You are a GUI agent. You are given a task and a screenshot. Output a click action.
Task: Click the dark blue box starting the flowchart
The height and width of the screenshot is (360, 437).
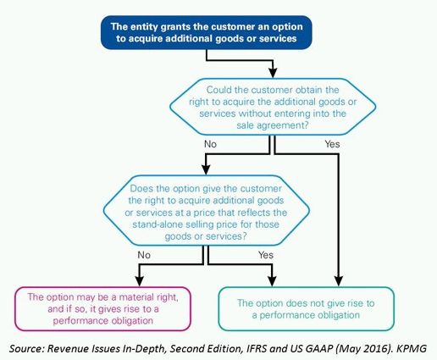pos(207,32)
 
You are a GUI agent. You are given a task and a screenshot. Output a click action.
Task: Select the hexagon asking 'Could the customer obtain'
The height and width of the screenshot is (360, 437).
pos(273,107)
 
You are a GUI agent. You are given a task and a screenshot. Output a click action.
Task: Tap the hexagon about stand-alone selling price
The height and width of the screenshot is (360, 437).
pos(207,211)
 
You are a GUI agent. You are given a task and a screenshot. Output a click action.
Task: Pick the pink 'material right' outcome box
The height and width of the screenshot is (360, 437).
pos(103,308)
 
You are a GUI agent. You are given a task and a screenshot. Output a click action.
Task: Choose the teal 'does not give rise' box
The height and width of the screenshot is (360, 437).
pos(306,308)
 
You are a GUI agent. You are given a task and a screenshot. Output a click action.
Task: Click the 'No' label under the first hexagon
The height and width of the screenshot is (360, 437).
pos(210,144)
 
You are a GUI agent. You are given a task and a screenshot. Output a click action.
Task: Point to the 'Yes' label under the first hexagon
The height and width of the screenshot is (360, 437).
pos(332,144)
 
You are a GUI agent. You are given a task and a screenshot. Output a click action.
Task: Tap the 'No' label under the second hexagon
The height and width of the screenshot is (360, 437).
pos(144,255)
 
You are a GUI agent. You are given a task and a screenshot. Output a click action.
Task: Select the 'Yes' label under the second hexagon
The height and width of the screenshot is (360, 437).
pos(266,255)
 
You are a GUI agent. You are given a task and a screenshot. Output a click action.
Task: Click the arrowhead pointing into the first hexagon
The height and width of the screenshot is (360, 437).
pos(273,73)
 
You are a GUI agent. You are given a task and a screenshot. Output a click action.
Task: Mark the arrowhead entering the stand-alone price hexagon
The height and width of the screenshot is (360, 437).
pos(206,169)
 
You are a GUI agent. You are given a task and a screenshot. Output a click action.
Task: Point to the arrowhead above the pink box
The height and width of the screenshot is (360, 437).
pos(139,281)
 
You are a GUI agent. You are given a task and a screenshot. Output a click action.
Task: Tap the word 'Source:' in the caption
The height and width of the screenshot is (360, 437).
pos(27,348)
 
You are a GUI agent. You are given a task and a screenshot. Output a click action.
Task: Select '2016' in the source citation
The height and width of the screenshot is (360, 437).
pos(376,348)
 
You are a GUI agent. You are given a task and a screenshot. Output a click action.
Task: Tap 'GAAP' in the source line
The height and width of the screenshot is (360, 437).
pos(319,348)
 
